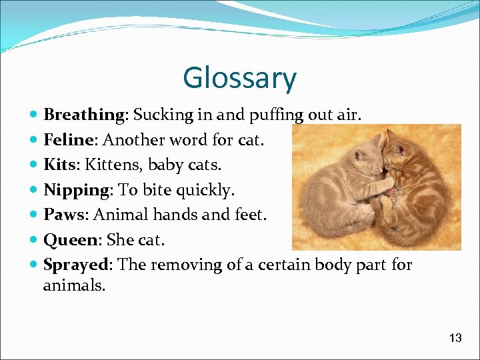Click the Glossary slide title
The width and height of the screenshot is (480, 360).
point(239,78)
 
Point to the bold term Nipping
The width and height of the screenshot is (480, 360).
point(77,190)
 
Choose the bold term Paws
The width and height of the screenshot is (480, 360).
point(65,215)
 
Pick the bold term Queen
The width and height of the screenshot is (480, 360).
point(70,240)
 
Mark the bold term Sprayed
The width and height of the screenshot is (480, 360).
point(75,265)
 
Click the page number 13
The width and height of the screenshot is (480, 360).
point(455,338)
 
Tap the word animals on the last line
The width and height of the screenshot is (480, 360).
point(74,286)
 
